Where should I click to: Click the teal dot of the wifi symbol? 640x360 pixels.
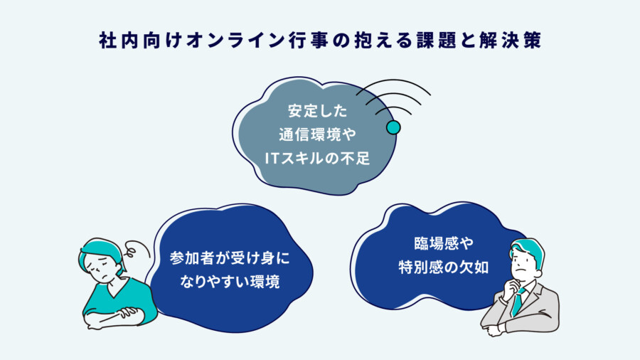(393, 127)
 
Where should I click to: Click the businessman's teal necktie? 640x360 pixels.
(517, 302)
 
